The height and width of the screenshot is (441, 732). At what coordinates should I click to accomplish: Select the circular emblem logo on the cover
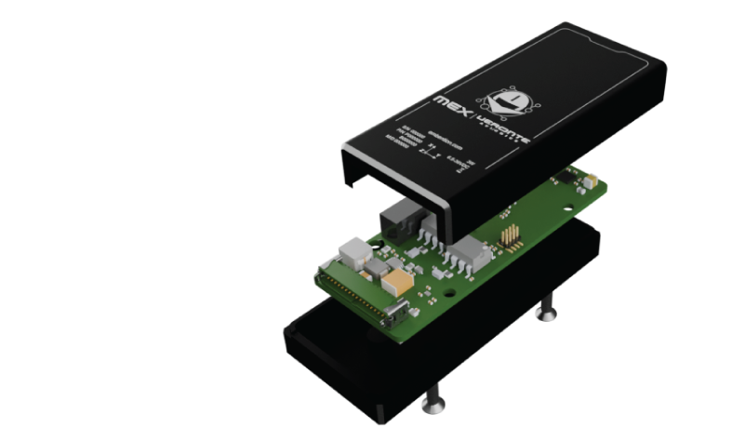[509, 96]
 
